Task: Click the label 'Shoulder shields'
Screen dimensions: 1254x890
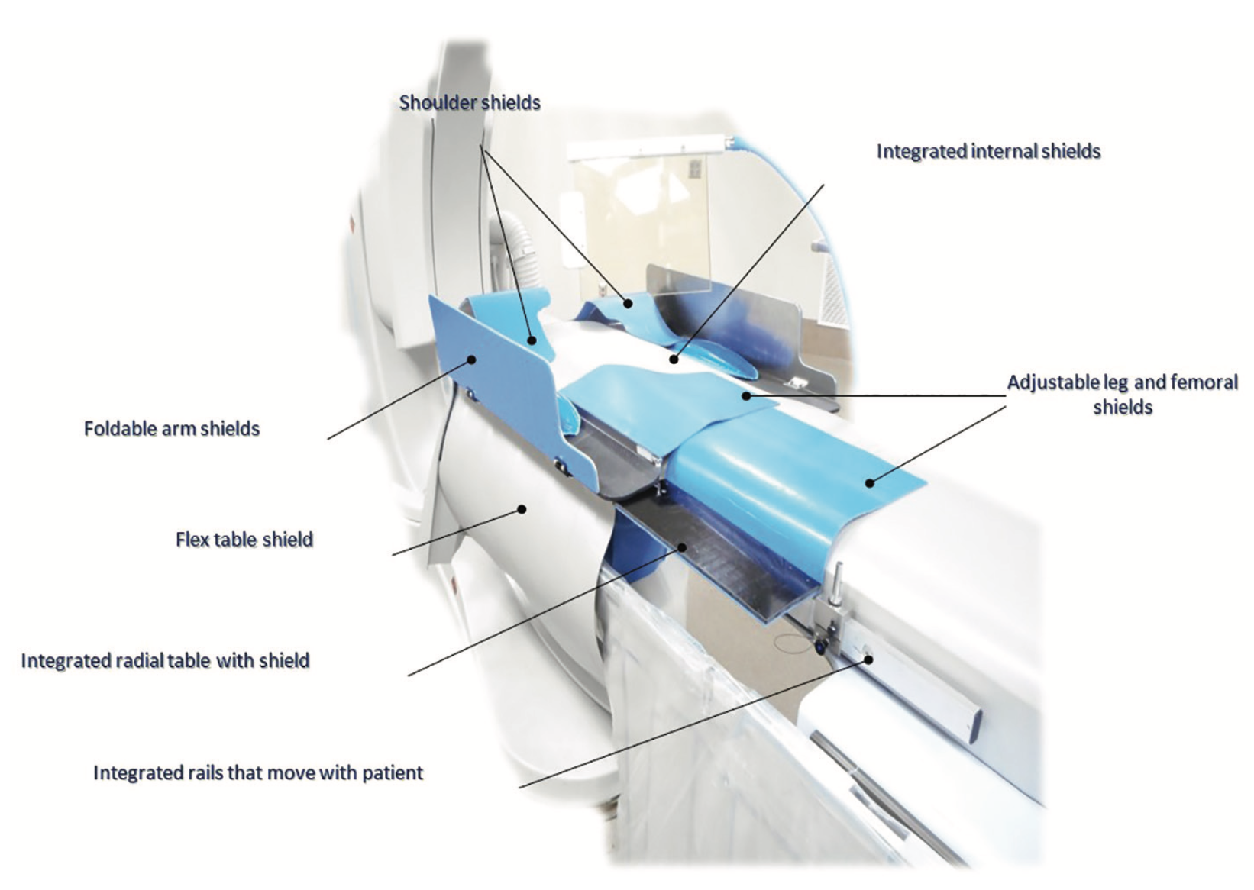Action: pos(470,103)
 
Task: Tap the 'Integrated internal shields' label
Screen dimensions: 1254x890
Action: pos(989,152)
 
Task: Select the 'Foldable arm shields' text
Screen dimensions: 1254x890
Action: pos(172,429)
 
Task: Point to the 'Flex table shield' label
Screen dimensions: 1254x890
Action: pos(244,540)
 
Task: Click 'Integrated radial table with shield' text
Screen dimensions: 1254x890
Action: pos(165,661)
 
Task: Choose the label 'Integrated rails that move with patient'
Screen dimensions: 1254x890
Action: pos(258,773)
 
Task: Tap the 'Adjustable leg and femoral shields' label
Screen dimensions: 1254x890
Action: pos(1123,395)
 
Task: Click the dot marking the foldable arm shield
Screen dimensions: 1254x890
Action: pos(472,360)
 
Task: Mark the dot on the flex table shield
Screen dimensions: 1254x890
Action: pos(522,509)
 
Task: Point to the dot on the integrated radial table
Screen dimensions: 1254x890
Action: pos(682,547)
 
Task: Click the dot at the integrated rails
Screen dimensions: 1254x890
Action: pos(868,659)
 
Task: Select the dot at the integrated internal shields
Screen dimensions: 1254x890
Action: pos(674,360)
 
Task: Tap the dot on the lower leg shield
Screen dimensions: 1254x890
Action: pos(869,482)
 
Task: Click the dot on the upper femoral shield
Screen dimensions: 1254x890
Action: pos(746,396)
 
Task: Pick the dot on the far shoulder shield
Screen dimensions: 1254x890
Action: pos(629,304)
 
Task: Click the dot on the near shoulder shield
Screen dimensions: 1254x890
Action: pos(532,340)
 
